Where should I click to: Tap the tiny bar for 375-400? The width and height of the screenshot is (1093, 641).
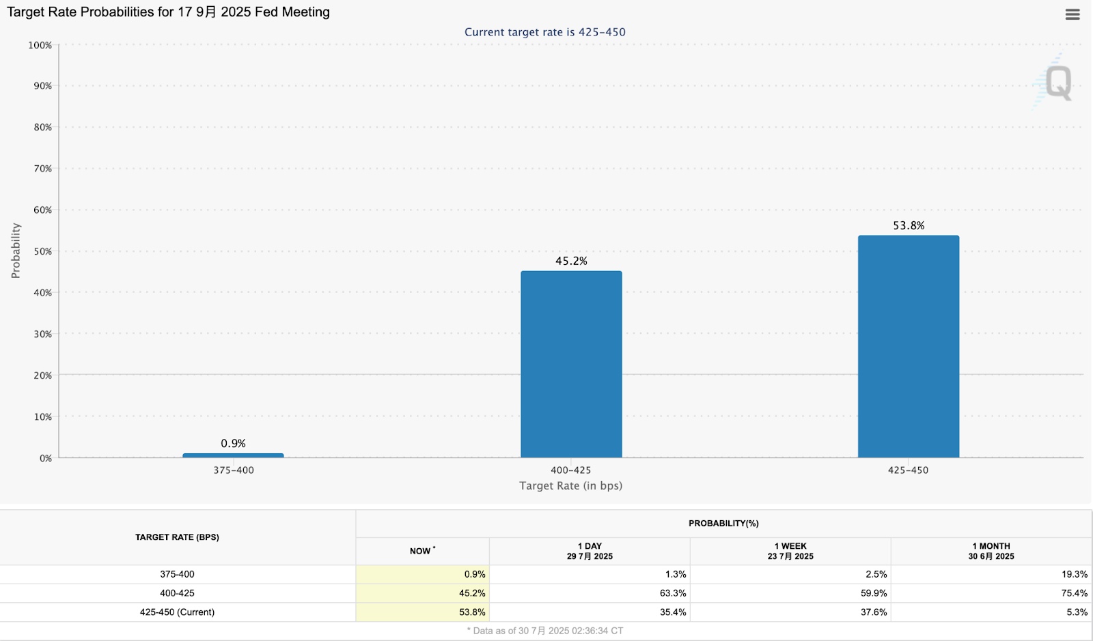coord(233,455)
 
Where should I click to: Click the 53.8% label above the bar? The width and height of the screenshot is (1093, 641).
coord(908,226)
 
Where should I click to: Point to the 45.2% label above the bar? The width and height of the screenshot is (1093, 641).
coord(571,261)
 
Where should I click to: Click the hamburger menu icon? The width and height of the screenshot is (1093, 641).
coord(1073,14)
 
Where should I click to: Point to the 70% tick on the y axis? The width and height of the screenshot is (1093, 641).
coord(43,169)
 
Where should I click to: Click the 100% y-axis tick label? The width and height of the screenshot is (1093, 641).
coord(40,45)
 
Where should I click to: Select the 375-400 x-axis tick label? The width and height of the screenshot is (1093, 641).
coord(233,470)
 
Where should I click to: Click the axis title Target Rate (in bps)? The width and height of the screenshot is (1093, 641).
coord(570,486)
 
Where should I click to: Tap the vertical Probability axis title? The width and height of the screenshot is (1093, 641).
coord(16,251)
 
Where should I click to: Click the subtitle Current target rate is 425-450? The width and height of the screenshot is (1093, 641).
coord(544,32)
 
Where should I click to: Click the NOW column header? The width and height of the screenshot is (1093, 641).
coord(421,551)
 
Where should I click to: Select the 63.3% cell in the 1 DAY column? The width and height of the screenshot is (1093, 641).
coord(673,593)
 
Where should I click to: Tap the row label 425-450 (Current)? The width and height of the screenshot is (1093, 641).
coord(177,612)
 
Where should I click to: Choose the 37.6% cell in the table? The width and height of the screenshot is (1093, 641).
coord(874,612)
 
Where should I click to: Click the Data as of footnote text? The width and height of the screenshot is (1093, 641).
coord(545,631)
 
